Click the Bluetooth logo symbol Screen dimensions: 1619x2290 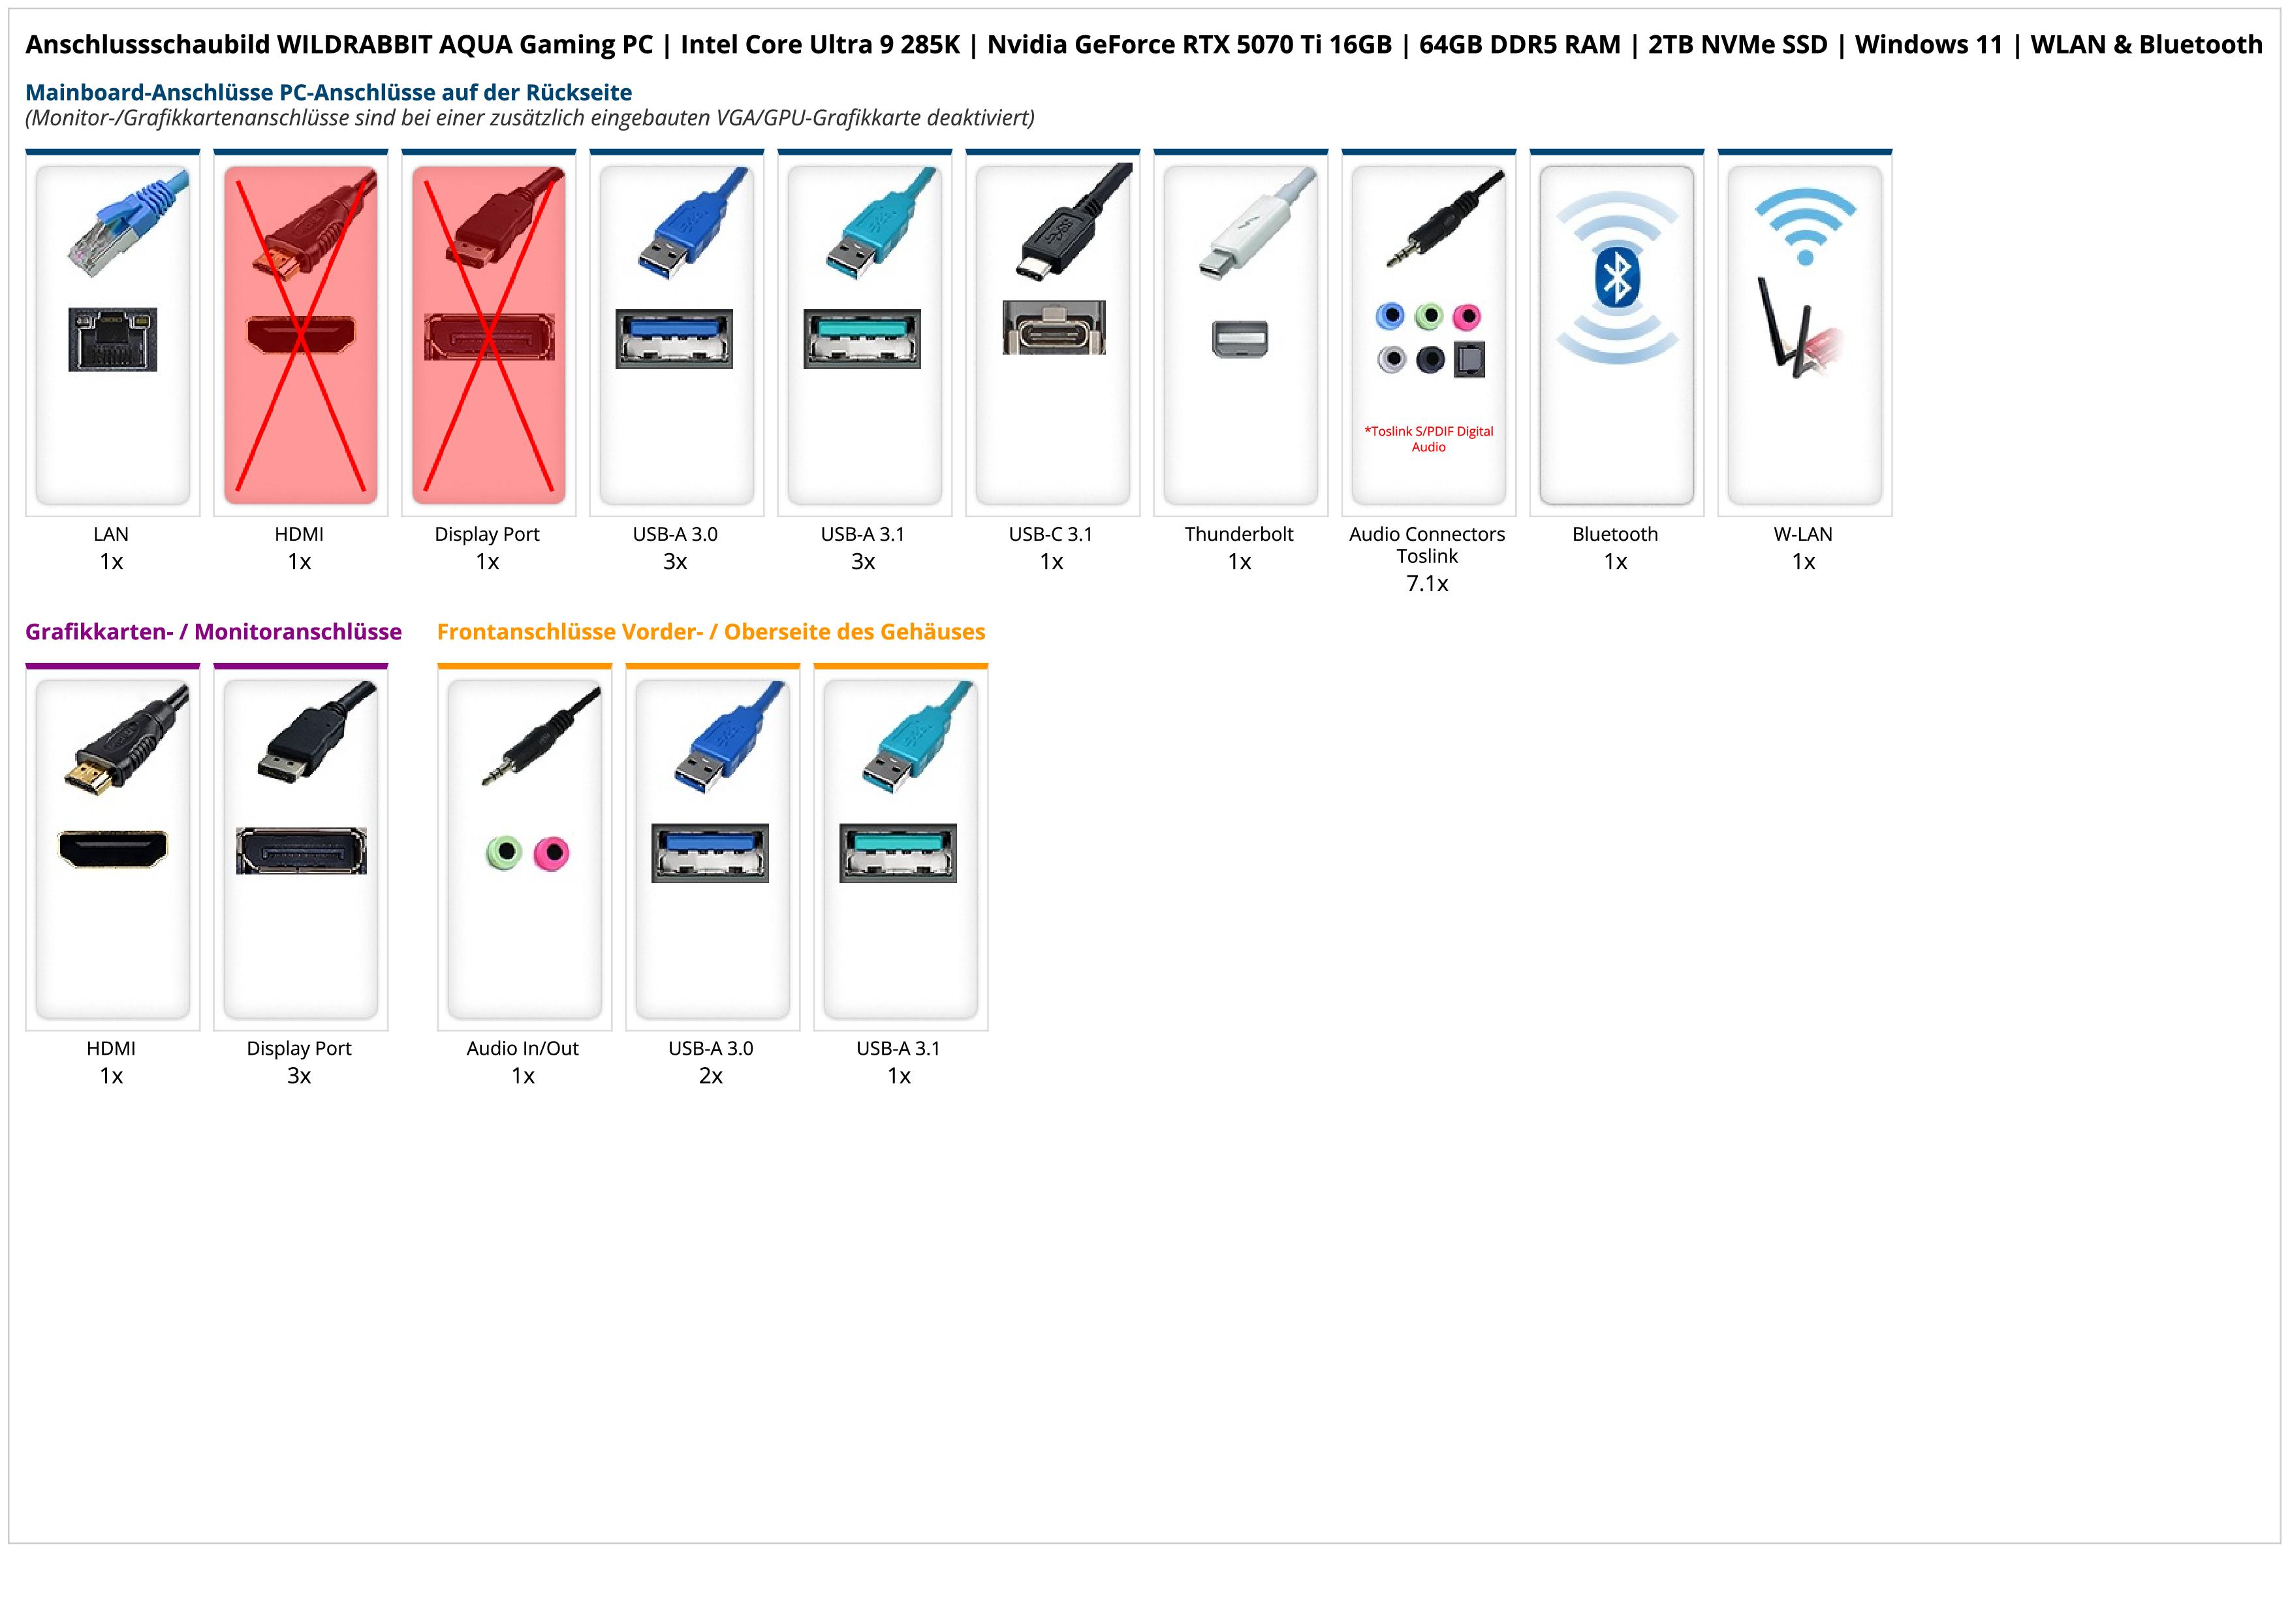point(1617,278)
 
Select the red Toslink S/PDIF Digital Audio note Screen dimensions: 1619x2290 point(1428,439)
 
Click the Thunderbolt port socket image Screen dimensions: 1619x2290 point(1240,339)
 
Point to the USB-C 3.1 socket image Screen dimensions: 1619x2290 point(1053,327)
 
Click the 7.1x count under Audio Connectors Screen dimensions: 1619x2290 point(1427,584)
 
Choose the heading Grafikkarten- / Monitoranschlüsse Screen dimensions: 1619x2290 point(213,632)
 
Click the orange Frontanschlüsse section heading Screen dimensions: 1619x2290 point(710,632)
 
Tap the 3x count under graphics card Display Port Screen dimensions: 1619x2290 point(299,1076)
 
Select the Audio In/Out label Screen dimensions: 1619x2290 point(523,1048)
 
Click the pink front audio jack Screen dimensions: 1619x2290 point(550,853)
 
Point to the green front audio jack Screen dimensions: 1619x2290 point(505,853)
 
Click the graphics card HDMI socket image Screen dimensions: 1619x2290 point(113,849)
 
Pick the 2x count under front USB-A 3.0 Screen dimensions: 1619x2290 point(710,1076)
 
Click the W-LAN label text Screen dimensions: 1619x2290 point(1803,534)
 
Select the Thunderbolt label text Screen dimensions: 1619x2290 point(1239,534)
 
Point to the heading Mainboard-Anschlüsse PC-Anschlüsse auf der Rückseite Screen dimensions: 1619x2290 point(328,93)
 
